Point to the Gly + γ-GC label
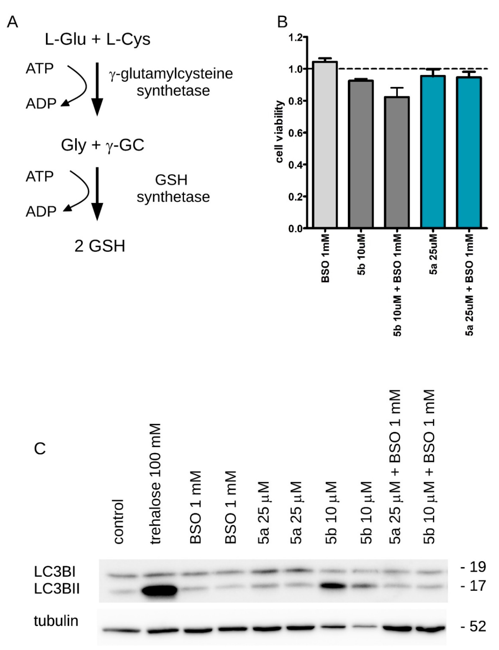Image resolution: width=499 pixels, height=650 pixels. coord(103,145)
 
